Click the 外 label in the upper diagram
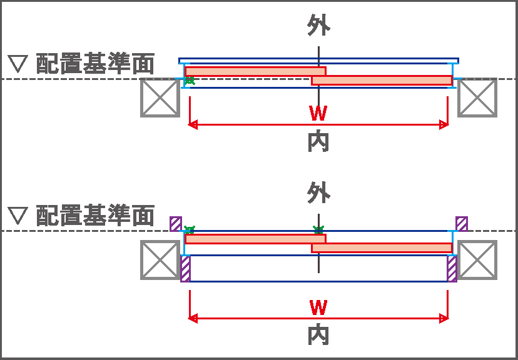pos(318,26)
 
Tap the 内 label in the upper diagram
pos(318,143)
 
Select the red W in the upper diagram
pos(318,114)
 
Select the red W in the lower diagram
pos(318,307)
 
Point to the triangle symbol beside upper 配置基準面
pos(18,64)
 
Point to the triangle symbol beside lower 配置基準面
pos(18,216)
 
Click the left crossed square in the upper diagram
pos(160,97)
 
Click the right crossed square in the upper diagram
pos(477,97)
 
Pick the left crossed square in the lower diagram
pos(160,260)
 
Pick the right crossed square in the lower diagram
pos(477,260)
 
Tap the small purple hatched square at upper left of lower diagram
pos(176,223)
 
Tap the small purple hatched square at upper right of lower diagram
pos(462,223)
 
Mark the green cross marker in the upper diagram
pos(190,80)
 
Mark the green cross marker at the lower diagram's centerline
pos(318,230)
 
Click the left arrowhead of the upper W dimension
pos(192,125)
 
